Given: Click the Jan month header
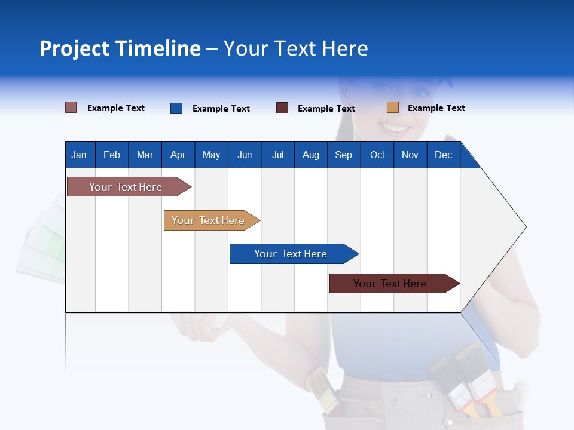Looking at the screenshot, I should click(x=79, y=155).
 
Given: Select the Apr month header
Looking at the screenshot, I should click(x=178, y=155).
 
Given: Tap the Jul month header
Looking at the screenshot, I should click(x=277, y=155).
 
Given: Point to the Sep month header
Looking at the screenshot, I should click(x=343, y=155).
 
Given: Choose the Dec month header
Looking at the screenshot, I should click(x=443, y=155).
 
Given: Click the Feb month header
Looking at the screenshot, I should click(x=112, y=155).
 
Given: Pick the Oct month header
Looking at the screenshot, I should click(x=377, y=155).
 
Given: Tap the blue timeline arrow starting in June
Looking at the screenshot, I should click(x=291, y=254).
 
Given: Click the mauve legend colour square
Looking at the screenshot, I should click(x=71, y=107).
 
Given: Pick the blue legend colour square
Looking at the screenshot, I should click(x=176, y=108).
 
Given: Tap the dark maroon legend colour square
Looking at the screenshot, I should click(x=282, y=108).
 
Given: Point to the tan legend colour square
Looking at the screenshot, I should click(x=393, y=107).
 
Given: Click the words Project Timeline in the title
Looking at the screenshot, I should click(x=120, y=48).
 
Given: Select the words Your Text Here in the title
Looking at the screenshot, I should click(x=296, y=48).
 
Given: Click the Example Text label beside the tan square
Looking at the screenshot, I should click(x=436, y=108).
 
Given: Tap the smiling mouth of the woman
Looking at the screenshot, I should click(x=395, y=127).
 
